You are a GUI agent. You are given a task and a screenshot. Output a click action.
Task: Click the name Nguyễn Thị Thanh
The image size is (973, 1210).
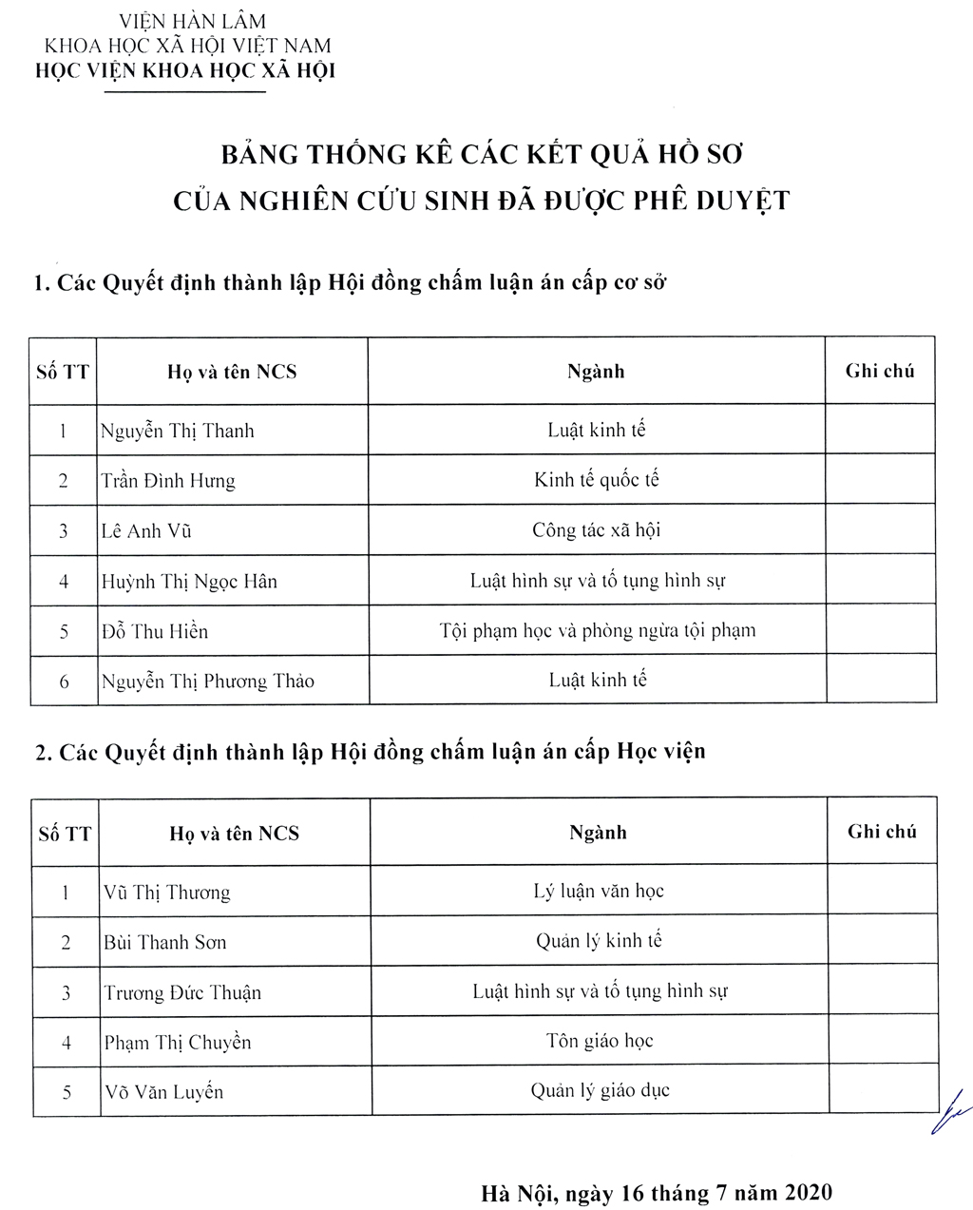click(x=178, y=431)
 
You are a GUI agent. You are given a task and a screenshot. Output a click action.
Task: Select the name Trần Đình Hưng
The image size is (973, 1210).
click(x=168, y=480)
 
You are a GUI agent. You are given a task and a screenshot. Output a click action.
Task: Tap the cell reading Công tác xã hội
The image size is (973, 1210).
click(x=596, y=530)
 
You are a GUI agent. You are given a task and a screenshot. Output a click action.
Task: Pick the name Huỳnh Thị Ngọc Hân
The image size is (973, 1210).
click(x=189, y=581)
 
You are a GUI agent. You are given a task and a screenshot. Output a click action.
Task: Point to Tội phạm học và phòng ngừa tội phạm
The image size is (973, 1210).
click(x=598, y=630)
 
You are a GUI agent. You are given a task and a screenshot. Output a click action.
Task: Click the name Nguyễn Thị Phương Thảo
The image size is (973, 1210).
click(x=207, y=681)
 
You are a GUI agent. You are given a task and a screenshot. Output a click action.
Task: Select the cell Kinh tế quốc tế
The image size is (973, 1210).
click(x=596, y=480)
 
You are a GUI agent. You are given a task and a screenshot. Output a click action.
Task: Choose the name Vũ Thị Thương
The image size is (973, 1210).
click(x=167, y=893)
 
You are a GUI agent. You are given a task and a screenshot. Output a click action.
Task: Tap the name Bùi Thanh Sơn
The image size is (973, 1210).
click(x=165, y=943)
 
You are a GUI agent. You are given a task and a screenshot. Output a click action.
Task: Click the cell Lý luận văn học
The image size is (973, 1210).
click(x=599, y=892)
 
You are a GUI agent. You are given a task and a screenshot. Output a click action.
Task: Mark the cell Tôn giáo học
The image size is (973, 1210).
click(x=600, y=1041)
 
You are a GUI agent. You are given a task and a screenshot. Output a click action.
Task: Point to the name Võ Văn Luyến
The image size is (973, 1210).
click(x=163, y=1092)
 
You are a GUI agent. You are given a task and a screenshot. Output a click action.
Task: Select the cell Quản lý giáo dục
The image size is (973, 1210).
click(x=600, y=1090)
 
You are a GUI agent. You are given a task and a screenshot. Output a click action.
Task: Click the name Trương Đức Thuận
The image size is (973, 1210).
click(x=182, y=992)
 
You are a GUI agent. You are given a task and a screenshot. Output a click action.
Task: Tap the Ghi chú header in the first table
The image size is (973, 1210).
click(x=880, y=371)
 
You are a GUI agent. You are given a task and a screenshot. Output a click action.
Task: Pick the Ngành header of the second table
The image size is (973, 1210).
click(x=598, y=833)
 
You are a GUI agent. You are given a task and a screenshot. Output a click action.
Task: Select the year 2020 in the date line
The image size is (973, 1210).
click(x=806, y=1193)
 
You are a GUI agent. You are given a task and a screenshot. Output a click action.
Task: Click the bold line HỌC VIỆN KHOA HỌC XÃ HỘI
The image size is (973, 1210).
click(x=184, y=70)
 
